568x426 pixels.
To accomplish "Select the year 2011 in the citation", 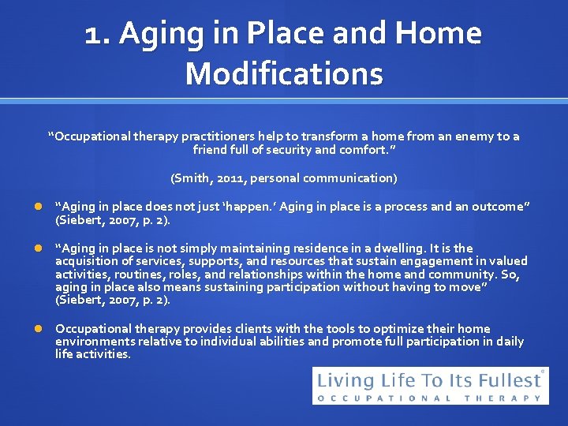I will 230,178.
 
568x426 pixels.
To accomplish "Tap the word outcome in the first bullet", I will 499,207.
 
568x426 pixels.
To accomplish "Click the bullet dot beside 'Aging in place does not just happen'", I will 36,207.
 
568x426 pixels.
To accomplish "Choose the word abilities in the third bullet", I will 278,342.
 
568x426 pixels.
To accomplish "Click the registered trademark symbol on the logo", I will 543,371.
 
